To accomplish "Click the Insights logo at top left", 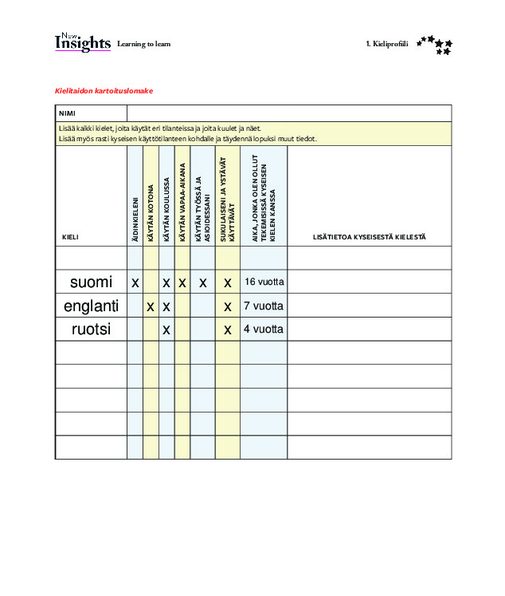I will (x=82, y=43).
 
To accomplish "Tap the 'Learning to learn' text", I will (x=143, y=44).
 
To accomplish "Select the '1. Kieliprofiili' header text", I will (x=386, y=44).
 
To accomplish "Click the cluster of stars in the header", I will (x=435, y=45).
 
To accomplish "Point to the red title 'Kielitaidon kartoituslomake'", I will (x=104, y=90).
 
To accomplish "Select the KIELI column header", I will (x=70, y=237).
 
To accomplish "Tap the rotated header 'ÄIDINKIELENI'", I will (x=135, y=219).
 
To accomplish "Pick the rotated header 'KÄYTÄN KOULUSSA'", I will (x=166, y=210).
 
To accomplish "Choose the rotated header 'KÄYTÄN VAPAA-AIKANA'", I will (x=182, y=202).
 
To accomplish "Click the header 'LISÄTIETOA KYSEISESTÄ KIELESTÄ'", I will (x=370, y=237).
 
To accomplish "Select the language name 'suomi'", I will (x=91, y=282).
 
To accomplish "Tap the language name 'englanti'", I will (x=91, y=306).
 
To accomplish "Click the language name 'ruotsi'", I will (x=91, y=329).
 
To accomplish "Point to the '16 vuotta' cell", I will (x=264, y=282).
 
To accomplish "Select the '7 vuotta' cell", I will (x=264, y=306).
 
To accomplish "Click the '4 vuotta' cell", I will (x=264, y=329).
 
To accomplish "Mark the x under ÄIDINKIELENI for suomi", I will (x=135, y=282).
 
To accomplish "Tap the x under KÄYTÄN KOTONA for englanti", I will (x=151, y=306).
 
